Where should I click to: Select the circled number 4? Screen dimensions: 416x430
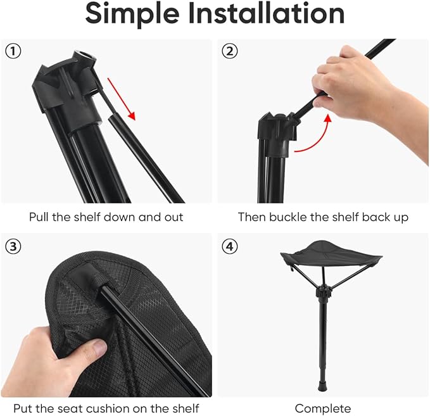click(229, 246)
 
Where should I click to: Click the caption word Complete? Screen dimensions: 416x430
click(322, 408)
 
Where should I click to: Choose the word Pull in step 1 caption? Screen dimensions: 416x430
click(39, 217)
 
